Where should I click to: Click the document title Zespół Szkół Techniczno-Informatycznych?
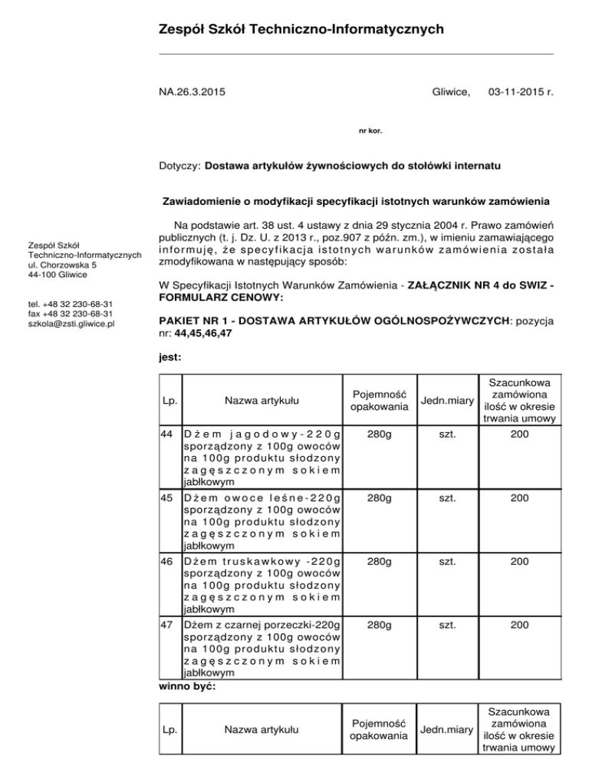[x=301, y=30]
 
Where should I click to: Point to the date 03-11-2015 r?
[x=521, y=92]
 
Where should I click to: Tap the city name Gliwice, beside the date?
[x=451, y=92]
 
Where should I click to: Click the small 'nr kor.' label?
[x=370, y=130]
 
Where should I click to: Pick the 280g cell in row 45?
[x=377, y=497]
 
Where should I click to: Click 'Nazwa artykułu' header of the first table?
[x=262, y=400]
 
